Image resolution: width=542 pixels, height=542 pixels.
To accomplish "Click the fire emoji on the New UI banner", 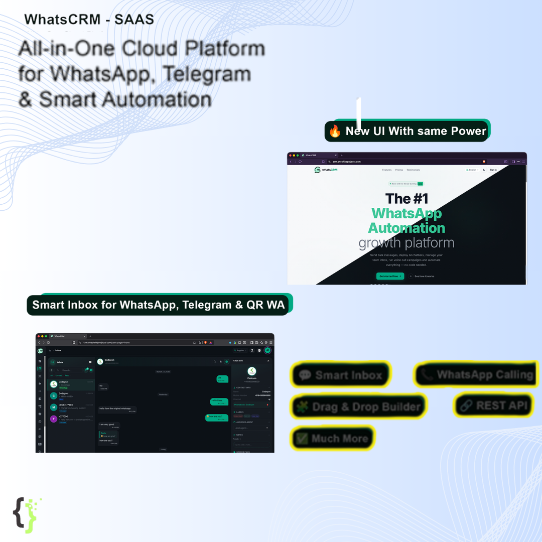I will tap(335, 131).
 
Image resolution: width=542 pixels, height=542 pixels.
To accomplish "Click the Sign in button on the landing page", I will tap(493, 170).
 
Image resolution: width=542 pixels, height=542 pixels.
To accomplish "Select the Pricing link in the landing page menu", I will tap(399, 170).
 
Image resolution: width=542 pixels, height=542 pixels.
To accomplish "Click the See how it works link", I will tap(423, 276).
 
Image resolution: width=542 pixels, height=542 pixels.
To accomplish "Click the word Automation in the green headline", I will tap(406, 228).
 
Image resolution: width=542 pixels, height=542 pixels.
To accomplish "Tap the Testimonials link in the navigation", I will tap(413, 170).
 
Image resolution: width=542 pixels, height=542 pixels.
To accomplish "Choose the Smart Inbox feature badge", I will tap(341, 375).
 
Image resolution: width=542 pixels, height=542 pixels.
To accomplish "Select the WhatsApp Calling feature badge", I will tap(476, 374).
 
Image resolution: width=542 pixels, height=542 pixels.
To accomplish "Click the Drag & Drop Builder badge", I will tap(358, 406).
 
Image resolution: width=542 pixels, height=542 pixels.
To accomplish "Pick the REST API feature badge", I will tap(494, 405).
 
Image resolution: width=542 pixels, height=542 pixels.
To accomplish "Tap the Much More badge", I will tap(332, 439).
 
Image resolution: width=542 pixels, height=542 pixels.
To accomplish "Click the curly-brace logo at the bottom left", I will tap(25, 514).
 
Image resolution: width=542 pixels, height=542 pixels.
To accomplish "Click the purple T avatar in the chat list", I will tap(54, 419).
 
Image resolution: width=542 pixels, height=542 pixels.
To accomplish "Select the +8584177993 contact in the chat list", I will tap(66, 404).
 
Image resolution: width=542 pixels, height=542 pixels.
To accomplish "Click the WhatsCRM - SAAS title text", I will tap(89, 20).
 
